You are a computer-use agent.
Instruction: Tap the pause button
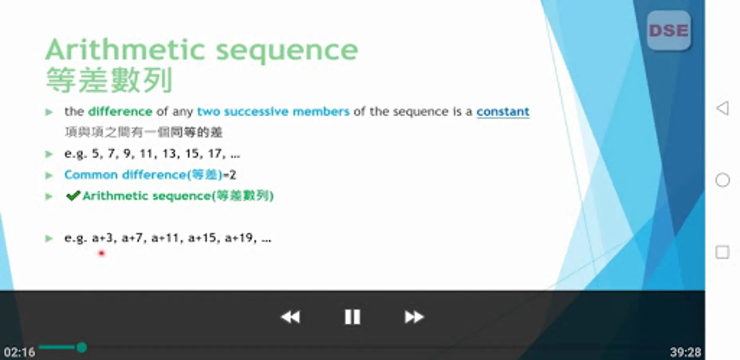coord(352,317)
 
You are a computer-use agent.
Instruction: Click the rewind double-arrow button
coord(291,317)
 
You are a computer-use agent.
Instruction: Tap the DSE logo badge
coord(668,31)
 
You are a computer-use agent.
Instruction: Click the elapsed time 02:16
coord(20,352)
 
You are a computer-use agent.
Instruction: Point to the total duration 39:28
coord(685,352)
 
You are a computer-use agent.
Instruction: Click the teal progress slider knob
coord(82,347)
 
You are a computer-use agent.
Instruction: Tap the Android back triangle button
coord(722,108)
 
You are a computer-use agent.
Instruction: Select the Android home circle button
coord(722,180)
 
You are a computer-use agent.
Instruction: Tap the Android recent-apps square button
coord(722,252)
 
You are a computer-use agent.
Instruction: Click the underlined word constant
coord(503,112)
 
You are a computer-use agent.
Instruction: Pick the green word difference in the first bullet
coord(120,111)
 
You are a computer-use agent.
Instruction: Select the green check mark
coord(73,196)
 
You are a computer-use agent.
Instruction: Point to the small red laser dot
coord(102,253)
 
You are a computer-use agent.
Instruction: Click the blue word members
coord(321,111)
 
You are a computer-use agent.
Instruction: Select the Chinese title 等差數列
coord(109,80)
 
